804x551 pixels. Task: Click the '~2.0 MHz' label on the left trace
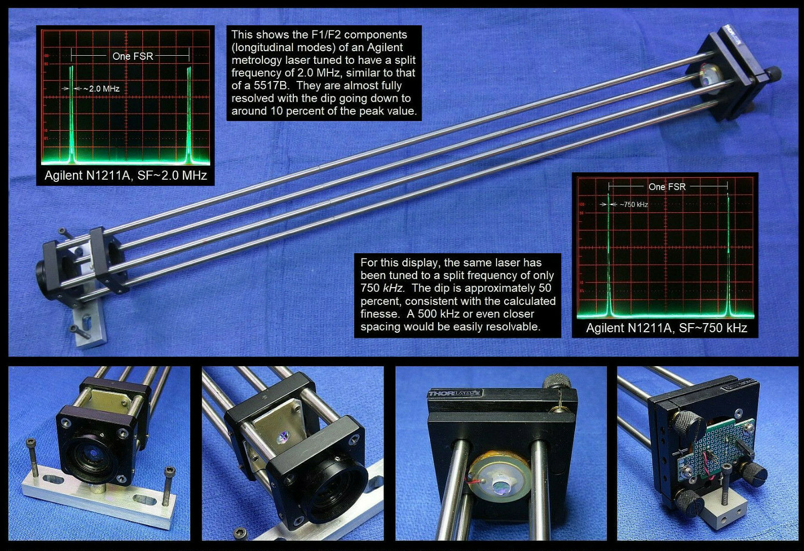click(101, 89)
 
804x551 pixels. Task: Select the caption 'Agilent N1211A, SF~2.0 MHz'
click(126, 176)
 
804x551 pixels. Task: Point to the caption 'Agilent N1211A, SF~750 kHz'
click(666, 328)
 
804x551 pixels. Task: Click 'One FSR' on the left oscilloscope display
click(133, 56)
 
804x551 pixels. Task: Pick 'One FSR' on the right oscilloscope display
click(667, 187)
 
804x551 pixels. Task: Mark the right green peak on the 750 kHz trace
click(728, 253)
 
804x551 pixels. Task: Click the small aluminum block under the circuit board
click(723, 522)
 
